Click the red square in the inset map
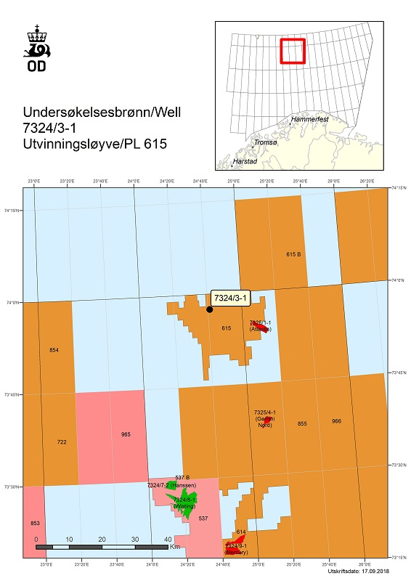(293, 51)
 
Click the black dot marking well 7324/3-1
(209, 309)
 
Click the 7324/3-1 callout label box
(230, 298)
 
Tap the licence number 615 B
(293, 254)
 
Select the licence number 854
(54, 350)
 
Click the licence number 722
(62, 442)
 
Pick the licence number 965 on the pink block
(126, 434)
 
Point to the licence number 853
(35, 523)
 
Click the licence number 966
(336, 421)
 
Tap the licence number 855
(302, 423)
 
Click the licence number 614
(241, 532)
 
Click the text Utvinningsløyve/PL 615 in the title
(94, 144)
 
